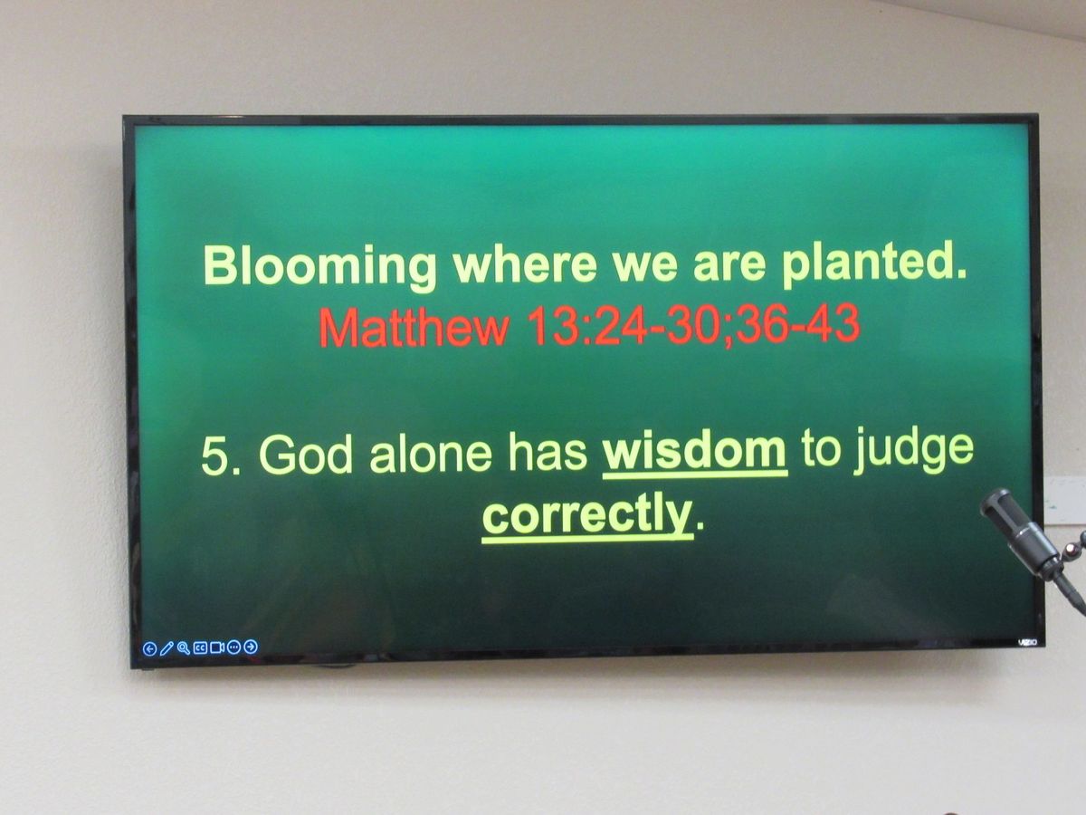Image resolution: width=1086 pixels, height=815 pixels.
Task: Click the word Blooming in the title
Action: pos(320,268)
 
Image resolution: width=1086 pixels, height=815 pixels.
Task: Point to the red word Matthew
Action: pos(414,327)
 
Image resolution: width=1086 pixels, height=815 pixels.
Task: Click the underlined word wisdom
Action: pos(694,452)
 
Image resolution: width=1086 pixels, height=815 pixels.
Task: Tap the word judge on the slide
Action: pos(912,453)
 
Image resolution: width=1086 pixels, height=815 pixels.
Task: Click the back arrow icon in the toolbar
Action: pos(149,648)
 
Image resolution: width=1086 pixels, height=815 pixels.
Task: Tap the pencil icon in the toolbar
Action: pos(167,648)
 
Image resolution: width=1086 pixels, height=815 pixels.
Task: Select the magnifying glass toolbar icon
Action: pos(183,647)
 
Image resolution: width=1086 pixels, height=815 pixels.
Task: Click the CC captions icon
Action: pos(200,647)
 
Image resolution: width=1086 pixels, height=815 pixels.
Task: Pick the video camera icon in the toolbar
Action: pos(217,647)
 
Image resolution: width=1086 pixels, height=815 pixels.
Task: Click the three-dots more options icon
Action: pos(234,647)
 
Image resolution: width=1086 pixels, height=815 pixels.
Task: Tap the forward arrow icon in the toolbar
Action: pos(251,647)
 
